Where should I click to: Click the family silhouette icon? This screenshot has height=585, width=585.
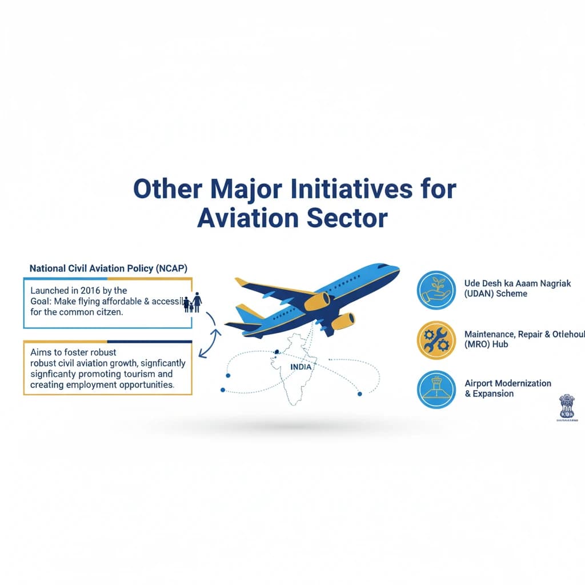click(x=191, y=302)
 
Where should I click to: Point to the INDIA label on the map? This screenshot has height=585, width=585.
click(x=301, y=367)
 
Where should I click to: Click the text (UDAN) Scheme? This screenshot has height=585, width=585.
click(x=496, y=294)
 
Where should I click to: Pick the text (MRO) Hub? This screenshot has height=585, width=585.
click(x=486, y=344)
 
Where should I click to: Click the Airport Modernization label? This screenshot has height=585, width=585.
click(x=508, y=383)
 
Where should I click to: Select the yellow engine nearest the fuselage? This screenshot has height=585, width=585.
click(x=317, y=300)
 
